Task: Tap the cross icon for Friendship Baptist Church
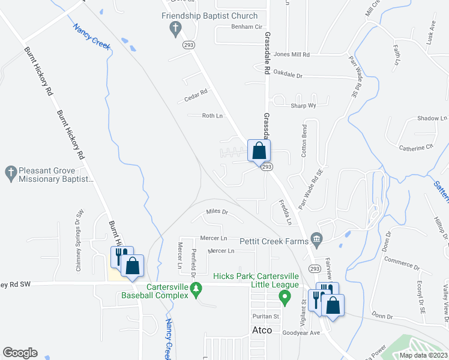(x=175, y=27)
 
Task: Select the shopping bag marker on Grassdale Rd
(x=259, y=150)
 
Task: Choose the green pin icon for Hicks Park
(x=286, y=296)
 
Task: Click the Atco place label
(x=262, y=330)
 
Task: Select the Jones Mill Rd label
(x=291, y=54)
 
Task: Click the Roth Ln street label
(x=212, y=116)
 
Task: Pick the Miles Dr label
(x=217, y=212)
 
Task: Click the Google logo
(x=20, y=353)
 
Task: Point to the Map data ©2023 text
(x=423, y=355)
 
